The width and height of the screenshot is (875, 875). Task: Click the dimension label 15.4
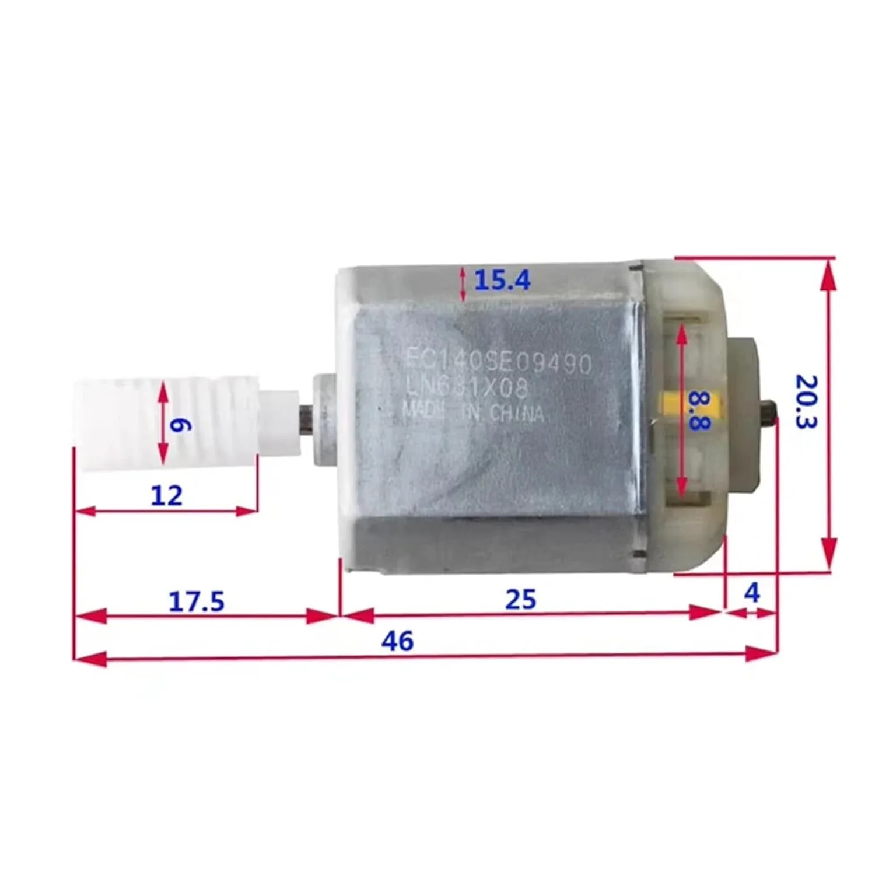coord(502,281)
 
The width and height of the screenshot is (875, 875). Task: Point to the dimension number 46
coord(398,641)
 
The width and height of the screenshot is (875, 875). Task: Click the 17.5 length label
coord(196,601)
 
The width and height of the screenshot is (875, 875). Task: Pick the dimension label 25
coord(520,599)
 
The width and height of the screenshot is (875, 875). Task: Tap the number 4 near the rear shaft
coord(752,593)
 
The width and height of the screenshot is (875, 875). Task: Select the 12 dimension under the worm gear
coord(166,496)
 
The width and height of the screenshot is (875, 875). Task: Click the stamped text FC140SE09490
coord(499,365)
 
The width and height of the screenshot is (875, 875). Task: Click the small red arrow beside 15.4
coord(463,284)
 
